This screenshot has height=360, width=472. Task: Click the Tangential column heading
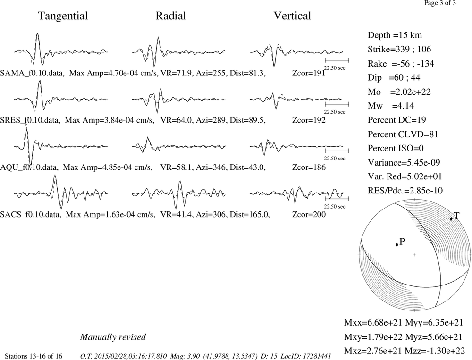pos(63,16)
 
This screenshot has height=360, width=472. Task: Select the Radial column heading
pos(171,16)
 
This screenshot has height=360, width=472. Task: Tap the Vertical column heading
pos(292,16)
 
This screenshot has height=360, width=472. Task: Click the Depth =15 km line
pos(395,35)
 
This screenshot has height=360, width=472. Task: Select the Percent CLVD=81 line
pos(403,134)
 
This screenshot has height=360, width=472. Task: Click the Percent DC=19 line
pos(397,120)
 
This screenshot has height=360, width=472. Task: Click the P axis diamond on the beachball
pos(397,244)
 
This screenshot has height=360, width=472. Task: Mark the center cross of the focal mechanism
pos(415,255)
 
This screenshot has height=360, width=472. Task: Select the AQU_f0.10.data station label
pos(29,167)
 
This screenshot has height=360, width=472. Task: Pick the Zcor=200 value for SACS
pos(309,214)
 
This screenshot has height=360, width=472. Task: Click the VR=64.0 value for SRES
pos(176,120)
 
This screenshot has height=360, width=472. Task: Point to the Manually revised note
pos(113,337)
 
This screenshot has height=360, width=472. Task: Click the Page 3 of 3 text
pos(440,3)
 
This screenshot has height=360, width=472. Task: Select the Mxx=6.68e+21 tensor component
pos(373,323)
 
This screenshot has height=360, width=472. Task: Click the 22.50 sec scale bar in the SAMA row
pos(337,60)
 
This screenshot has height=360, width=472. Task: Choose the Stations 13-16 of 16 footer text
pos(34,356)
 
